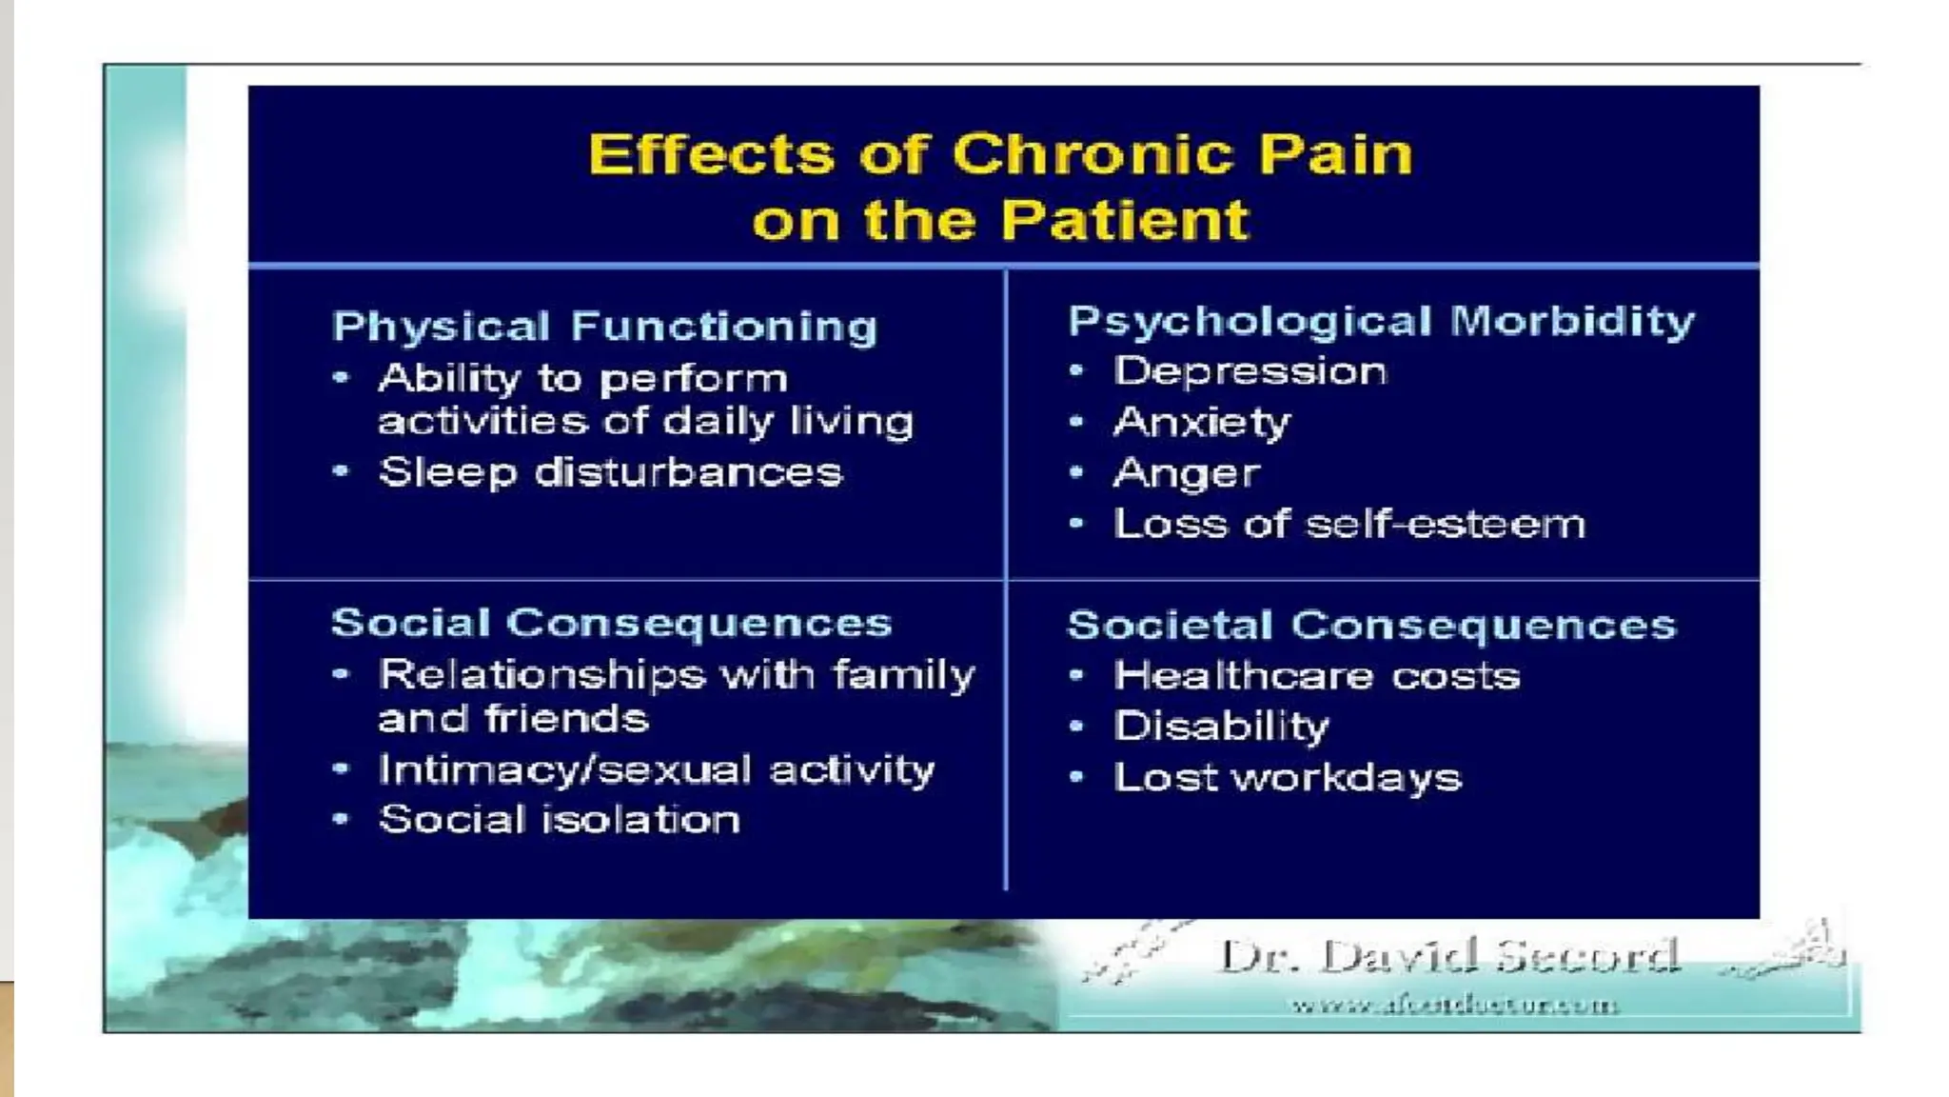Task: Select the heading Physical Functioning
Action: coord(604,327)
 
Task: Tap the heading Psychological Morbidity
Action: coord(1381,321)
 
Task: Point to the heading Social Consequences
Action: coord(611,623)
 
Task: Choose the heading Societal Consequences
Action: coord(1371,625)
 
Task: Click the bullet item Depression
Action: coord(1250,371)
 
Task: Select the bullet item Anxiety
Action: coord(1201,422)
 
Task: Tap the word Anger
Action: coord(1186,473)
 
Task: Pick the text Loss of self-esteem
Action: coord(1349,524)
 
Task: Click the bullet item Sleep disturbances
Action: coord(610,472)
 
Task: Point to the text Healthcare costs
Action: coord(1316,676)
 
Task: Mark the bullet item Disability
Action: coord(1221,727)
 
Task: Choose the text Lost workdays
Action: coord(1287,778)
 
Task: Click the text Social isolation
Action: coord(559,820)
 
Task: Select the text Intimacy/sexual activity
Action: coord(656,769)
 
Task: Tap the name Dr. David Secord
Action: coord(1448,956)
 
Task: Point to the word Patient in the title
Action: coord(1124,221)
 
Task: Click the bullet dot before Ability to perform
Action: coord(342,378)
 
